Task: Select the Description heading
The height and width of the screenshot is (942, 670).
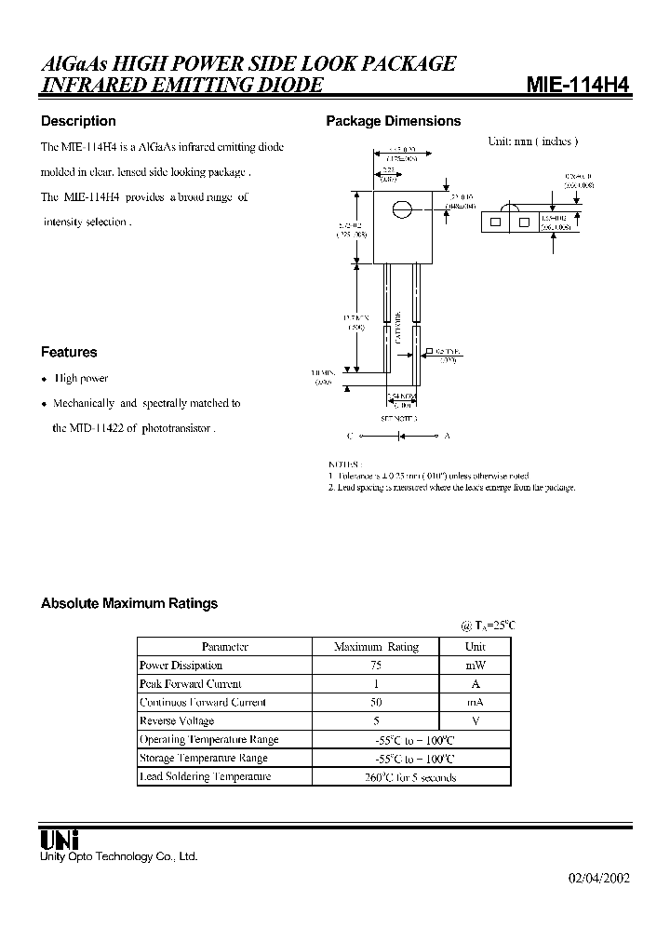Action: click(78, 121)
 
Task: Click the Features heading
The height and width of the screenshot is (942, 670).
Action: click(69, 352)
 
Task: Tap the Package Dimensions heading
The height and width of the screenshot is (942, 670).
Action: click(393, 121)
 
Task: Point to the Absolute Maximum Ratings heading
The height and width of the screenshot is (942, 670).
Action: click(129, 603)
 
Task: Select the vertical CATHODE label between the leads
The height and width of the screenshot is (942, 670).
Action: click(397, 328)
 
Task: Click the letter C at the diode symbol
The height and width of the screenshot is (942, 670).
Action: click(350, 436)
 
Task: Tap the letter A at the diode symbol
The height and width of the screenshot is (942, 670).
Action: click(447, 436)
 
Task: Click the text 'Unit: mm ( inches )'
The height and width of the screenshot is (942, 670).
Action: click(533, 141)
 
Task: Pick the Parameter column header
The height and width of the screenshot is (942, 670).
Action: click(224, 647)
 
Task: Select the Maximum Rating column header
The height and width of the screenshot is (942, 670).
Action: click(376, 647)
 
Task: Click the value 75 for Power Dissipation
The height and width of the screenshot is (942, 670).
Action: click(376, 666)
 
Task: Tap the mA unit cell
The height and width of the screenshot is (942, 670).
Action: click(476, 703)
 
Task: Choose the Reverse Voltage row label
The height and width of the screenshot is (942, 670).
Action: click(177, 721)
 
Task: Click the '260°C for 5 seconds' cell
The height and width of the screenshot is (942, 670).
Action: click(410, 777)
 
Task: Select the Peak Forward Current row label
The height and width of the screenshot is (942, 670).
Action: click(190, 684)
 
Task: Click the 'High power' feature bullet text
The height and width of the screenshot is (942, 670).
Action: click(81, 379)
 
